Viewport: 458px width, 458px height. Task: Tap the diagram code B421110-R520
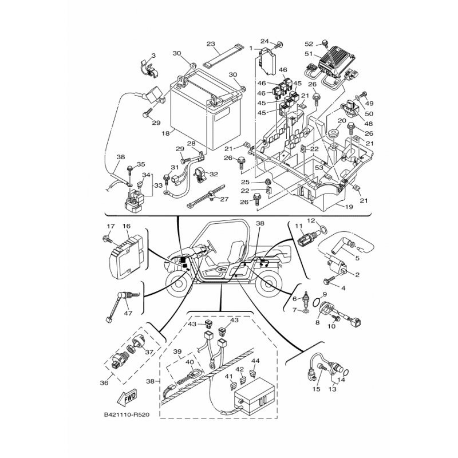[127, 414]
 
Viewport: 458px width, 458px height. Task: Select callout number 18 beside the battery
[165, 133]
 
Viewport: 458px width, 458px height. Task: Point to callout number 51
[309, 54]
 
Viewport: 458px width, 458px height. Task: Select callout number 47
[128, 313]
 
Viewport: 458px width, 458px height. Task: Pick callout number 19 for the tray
[349, 207]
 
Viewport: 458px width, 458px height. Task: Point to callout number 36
[104, 382]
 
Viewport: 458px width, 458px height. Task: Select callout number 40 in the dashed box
[189, 362]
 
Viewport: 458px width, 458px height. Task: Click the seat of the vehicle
[236, 252]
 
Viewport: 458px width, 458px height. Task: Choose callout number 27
[224, 199]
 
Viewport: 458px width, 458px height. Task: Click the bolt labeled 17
[108, 239]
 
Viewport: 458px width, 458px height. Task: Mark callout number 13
[333, 389]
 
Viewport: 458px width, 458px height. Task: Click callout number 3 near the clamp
[153, 56]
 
